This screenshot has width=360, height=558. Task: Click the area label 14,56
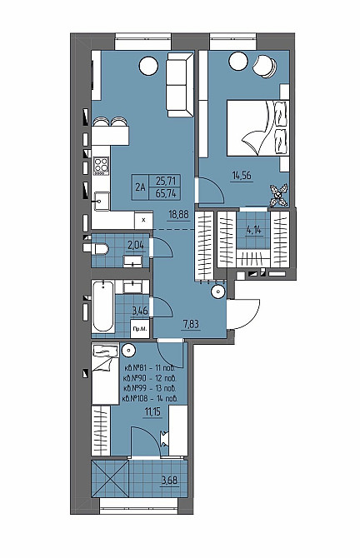pos(242,176)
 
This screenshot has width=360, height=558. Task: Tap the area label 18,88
pos(179,215)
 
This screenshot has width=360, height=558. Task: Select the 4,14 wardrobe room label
pos(254,230)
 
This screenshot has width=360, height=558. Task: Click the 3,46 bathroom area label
pos(140,311)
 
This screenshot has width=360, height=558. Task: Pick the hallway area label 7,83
pos(190,324)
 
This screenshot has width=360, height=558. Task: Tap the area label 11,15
pos(152,411)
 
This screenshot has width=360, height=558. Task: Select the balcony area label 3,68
pos(170,481)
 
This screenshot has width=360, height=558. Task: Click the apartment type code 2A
pos(140,187)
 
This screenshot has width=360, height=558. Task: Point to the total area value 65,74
pos(166,193)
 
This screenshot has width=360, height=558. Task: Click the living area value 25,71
pos(166,181)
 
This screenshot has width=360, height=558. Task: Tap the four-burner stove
pos(101,167)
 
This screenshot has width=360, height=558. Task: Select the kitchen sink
pos(101,202)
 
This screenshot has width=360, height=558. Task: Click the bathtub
pos(103,306)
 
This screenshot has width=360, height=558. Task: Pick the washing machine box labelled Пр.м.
pos(140,330)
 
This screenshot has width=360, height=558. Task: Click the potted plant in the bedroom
pos(279,195)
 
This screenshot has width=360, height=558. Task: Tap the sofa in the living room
pos(180,84)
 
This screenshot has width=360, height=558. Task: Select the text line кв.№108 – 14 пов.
pos(149,398)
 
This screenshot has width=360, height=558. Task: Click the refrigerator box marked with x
pos(143,220)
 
